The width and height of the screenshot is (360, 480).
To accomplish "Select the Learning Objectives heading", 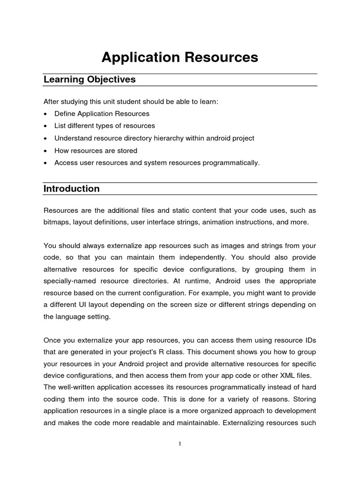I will (90, 80).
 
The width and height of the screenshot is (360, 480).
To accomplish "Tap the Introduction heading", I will (72, 189).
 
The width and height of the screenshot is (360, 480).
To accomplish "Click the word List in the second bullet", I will (60, 126).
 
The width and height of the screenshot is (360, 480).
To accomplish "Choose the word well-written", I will (79, 387).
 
